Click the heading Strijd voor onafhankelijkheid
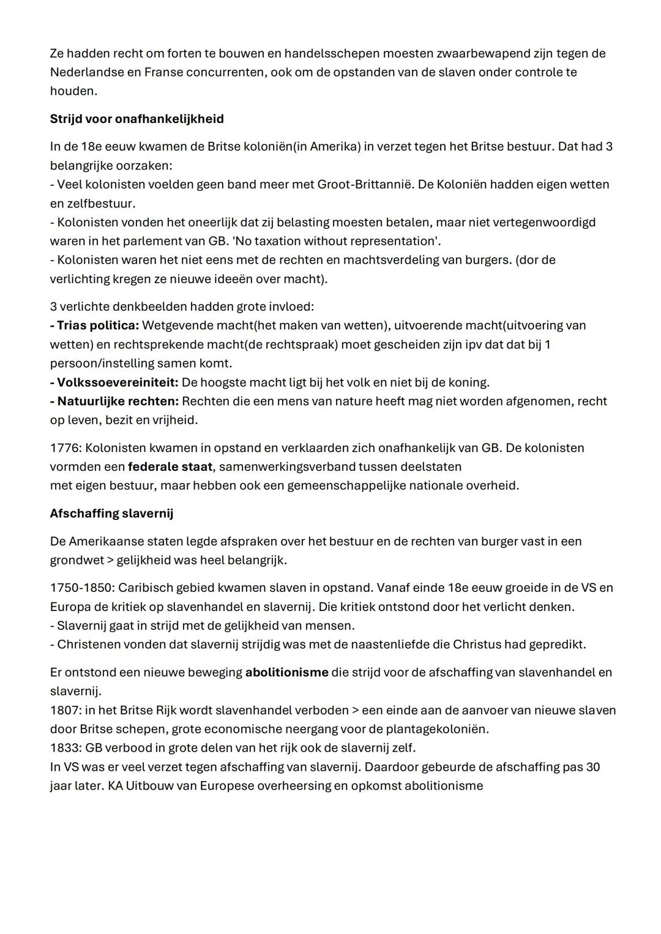(x=136, y=119)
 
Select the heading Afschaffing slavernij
(x=111, y=513)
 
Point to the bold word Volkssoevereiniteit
(x=118, y=382)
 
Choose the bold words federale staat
(x=170, y=467)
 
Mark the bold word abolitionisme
(x=287, y=672)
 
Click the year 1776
(x=64, y=448)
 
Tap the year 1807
(x=64, y=710)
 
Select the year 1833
(x=64, y=748)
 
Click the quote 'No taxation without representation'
(x=336, y=241)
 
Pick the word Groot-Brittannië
(x=365, y=184)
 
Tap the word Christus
(x=476, y=644)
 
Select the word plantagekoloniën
(x=438, y=729)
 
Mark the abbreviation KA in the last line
(x=115, y=786)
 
